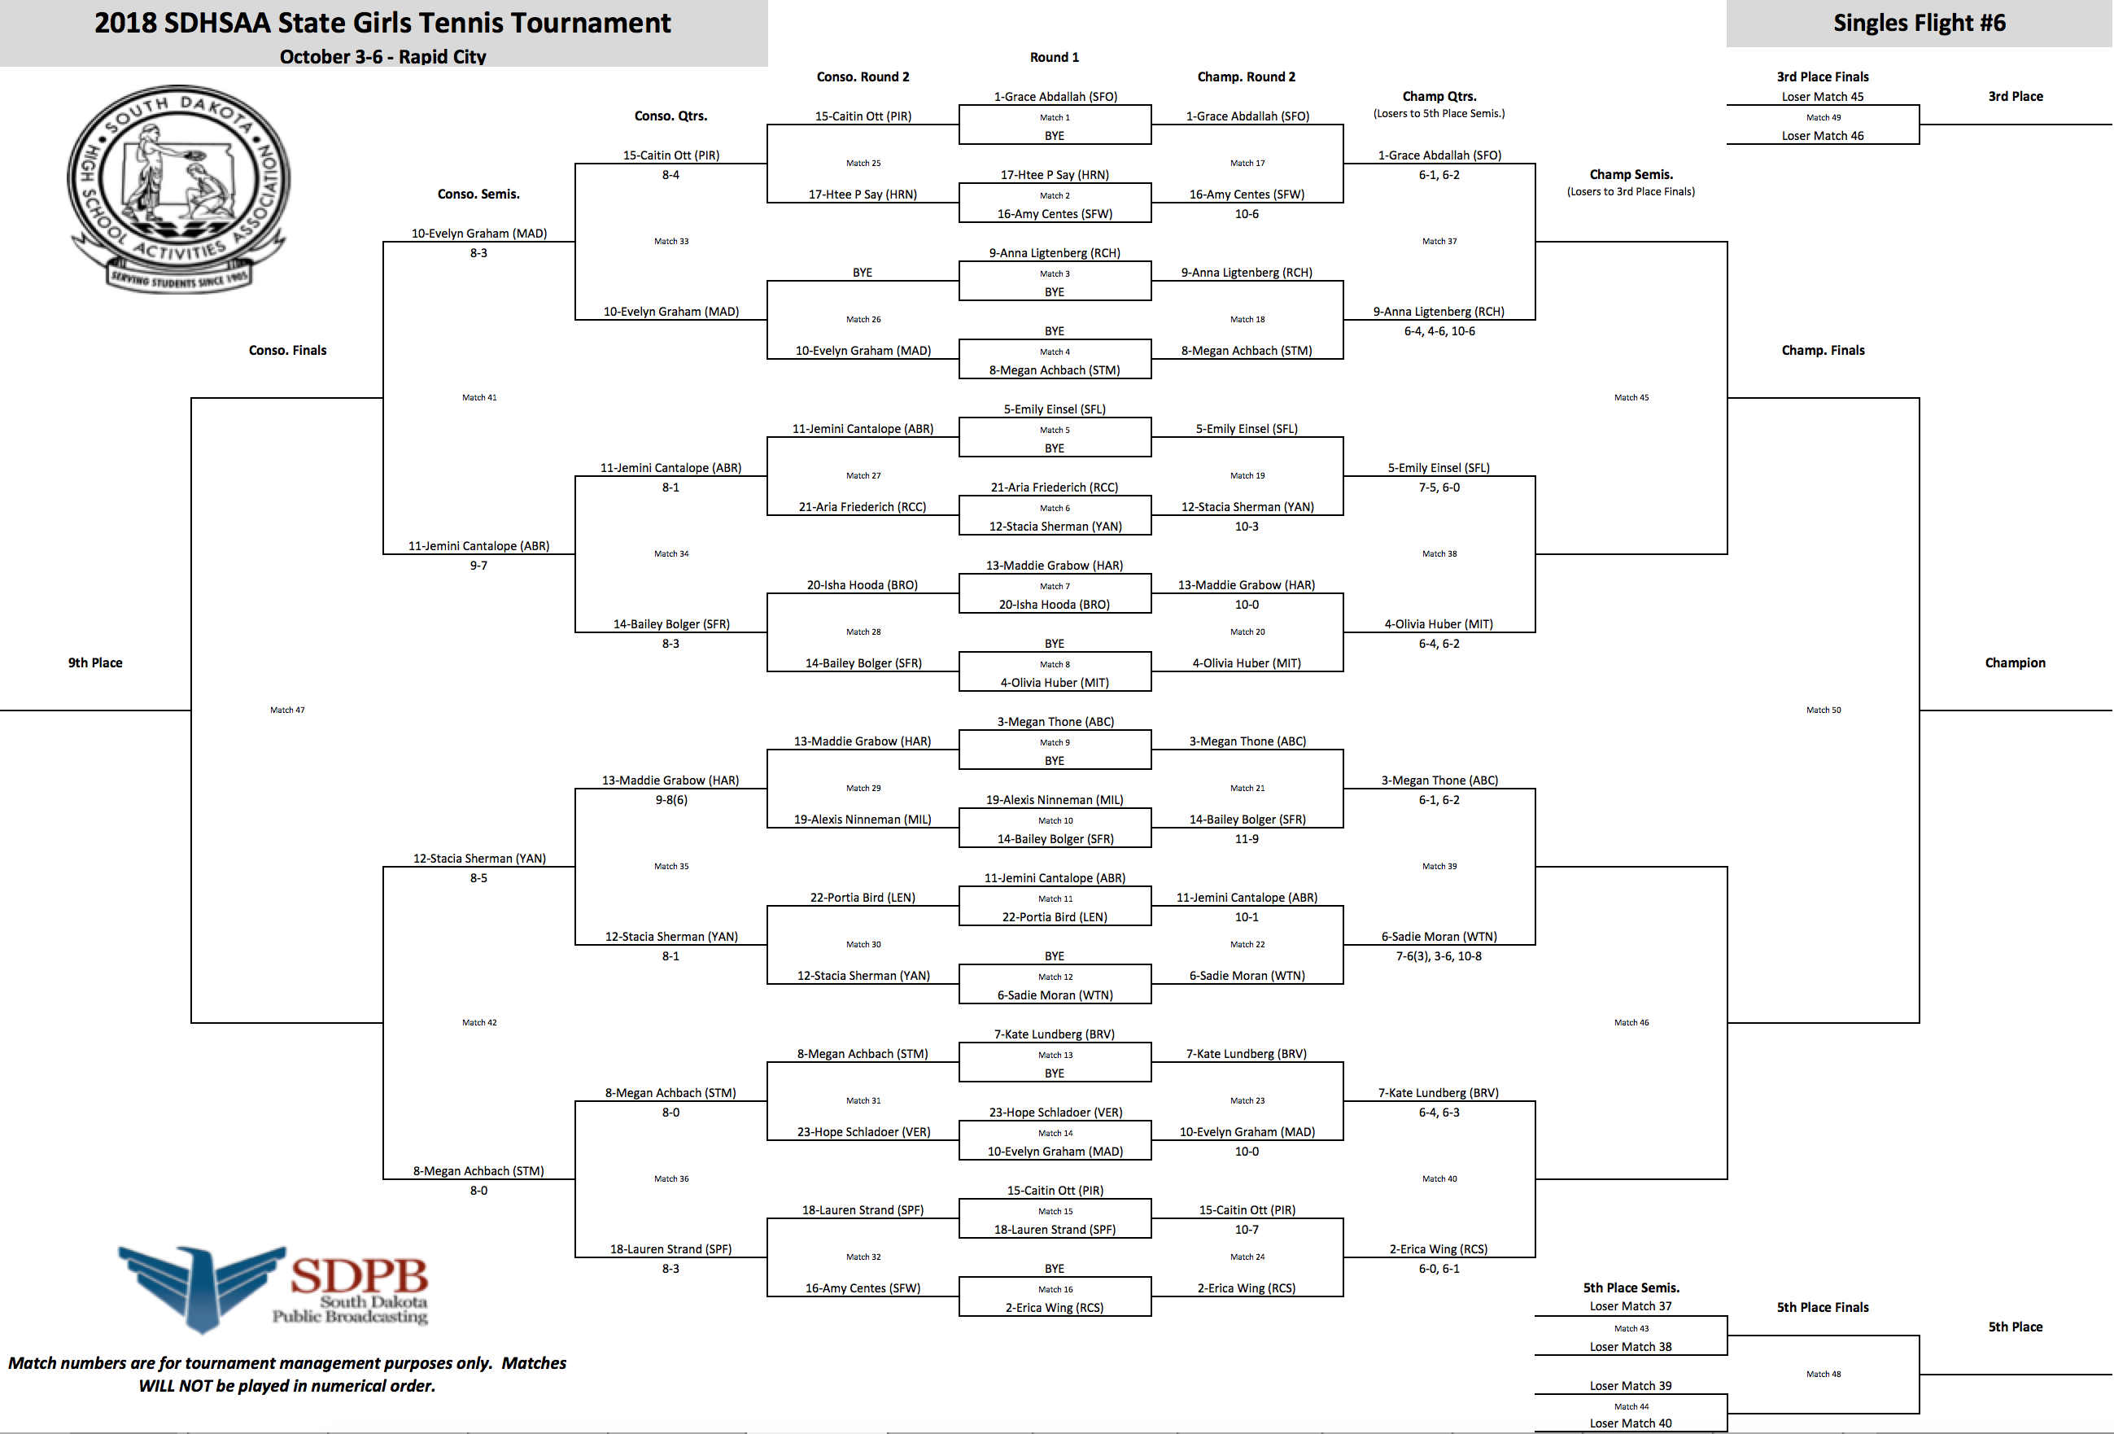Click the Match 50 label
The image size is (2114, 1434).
[x=1823, y=710]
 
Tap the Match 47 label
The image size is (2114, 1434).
[x=287, y=710]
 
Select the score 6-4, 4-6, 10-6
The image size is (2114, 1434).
[x=1439, y=331]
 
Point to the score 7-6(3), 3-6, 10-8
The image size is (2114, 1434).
[x=1439, y=956]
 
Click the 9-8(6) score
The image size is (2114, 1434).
[x=671, y=800]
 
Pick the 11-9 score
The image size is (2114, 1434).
[x=1247, y=839]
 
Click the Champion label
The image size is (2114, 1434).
[x=2015, y=662]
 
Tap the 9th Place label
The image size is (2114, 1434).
[x=95, y=662]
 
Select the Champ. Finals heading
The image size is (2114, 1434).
[x=1823, y=350]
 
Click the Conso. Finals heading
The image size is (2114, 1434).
[x=287, y=350]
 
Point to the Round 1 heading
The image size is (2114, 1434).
[x=1055, y=57]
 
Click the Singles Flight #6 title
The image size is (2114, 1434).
[x=1920, y=23]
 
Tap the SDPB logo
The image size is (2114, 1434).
[x=273, y=1288]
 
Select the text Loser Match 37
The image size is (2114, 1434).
[x=1631, y=1305]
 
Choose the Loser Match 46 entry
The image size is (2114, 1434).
[x=1823, y=136]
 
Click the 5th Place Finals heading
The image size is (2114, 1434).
[x=1823, y=1308]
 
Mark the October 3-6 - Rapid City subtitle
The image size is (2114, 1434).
[x=383, y=56]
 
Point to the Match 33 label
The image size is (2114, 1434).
[x=671, y=241]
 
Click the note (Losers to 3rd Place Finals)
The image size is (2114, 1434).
[x=1631, y=192]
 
